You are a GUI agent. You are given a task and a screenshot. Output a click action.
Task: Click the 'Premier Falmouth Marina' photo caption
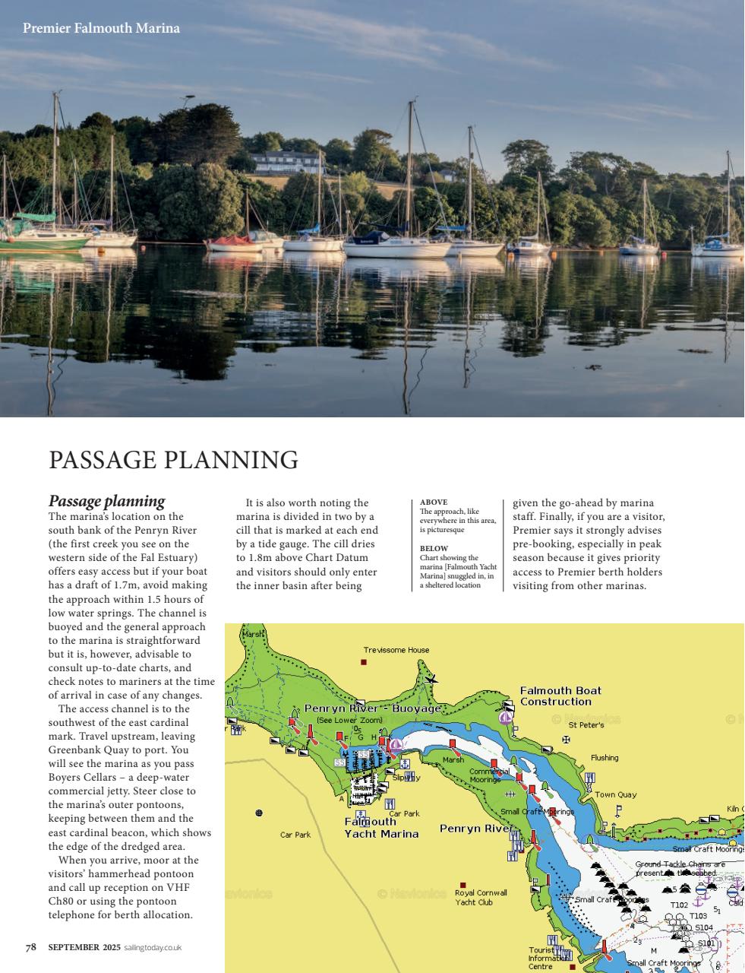[x=101, y=28]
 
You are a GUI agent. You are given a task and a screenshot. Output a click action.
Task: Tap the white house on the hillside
[x=285, y=162]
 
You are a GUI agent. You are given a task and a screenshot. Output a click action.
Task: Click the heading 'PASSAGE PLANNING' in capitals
[x=173, y=460]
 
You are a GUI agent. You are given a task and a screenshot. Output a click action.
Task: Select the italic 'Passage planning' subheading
[x=106, y=501]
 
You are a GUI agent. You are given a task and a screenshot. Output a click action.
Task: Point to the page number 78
[x=31, y=947]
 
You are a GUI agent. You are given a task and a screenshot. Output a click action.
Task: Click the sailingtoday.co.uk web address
[x=153, y=947]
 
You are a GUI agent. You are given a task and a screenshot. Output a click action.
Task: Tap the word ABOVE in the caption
[x=434, y=502]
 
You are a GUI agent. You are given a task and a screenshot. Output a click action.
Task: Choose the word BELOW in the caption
[x=434, y=548]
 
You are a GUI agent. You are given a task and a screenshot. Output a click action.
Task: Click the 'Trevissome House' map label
[x=396, y=650]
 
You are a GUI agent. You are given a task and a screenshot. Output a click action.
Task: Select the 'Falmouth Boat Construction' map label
[x=560, y=696]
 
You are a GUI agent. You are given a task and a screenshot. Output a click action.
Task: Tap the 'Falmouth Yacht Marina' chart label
[x=381, y=828]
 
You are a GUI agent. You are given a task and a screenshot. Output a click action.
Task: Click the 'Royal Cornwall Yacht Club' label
[x=480, y=898]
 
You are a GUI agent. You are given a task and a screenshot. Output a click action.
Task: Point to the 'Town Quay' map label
[x=615, y=794]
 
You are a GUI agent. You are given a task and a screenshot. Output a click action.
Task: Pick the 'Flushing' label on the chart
[x=605, y=758]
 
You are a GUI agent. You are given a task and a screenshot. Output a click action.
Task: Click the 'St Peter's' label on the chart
[x=586, y=725]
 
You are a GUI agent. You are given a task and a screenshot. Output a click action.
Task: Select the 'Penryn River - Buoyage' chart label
[x=372, y=708]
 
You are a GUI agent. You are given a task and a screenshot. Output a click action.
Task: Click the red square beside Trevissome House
[x=364, y=663]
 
